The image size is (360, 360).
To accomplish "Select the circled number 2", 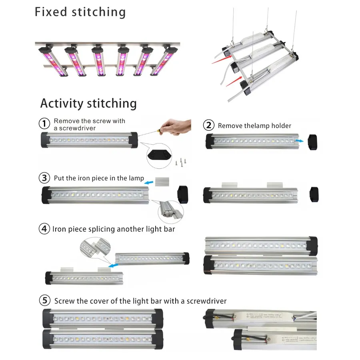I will click(x=209, y=125).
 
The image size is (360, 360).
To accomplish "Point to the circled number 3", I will click(x=45, y=178).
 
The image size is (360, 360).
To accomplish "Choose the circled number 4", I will click(x=44, y=229).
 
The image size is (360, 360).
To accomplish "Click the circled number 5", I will click(x=45, y=300).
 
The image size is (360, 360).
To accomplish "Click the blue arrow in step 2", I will click(x=298, y=141).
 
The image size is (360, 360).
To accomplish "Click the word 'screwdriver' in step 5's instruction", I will click(x=204, y=301).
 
